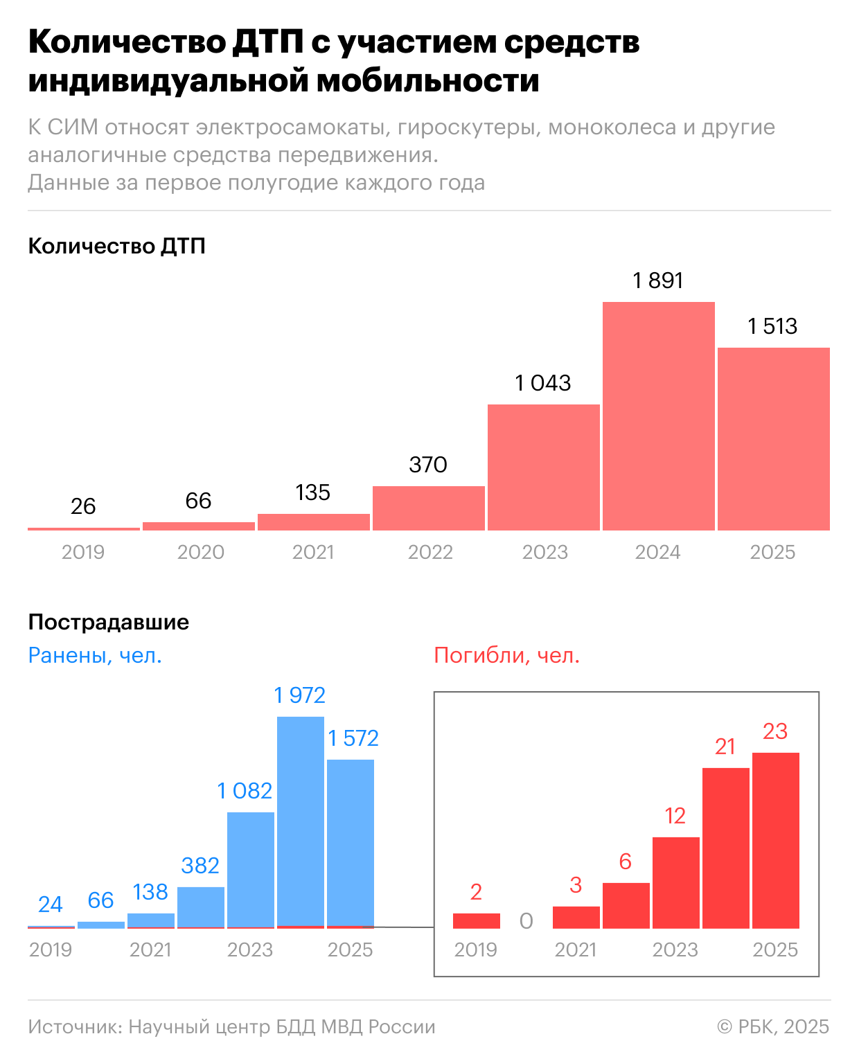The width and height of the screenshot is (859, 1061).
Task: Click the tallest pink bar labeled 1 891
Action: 658,416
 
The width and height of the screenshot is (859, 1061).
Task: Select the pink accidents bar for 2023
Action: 544,467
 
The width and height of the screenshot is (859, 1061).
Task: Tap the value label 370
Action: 428,465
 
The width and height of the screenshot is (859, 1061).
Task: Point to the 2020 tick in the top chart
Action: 201,552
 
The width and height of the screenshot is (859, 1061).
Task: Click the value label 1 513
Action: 772,326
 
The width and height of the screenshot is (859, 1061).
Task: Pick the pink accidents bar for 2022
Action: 428,508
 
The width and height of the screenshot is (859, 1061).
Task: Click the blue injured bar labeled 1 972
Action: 301,821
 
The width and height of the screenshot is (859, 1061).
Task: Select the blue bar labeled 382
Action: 201,907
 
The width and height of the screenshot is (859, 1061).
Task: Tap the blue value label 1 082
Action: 245,791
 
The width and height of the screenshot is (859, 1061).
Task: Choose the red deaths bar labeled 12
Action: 675,882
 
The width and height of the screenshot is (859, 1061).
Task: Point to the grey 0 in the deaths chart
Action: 526,921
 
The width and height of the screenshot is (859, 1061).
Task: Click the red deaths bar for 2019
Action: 477,921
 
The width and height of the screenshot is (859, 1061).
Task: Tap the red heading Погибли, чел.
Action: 506,655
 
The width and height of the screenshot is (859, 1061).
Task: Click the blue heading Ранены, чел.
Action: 95,655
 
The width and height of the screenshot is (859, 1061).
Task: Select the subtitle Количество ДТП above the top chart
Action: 117,246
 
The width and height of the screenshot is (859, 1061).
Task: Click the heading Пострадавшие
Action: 109,622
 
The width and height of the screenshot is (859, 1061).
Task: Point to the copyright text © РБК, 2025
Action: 773,1026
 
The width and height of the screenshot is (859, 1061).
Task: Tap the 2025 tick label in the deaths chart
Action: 775,949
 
